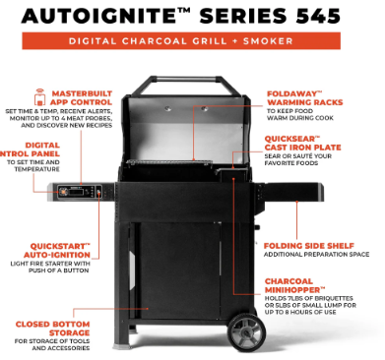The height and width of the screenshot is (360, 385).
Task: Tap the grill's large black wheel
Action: pos(246,332)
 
